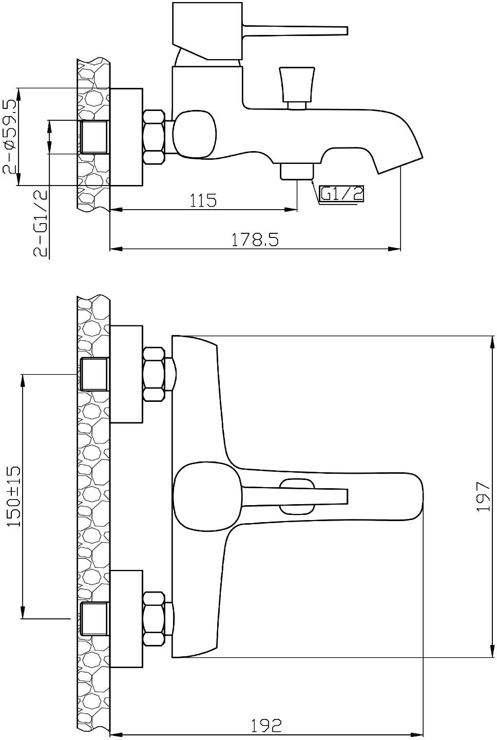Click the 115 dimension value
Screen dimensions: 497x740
[x=203, y=200]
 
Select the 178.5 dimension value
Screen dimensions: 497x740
[x=255, y=239]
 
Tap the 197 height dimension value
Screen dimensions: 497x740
[x=484, y=496]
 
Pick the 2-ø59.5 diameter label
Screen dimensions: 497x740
[x=10, y=137]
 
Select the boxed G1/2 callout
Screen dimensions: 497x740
[x=341, y=194]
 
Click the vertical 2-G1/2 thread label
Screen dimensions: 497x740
[x=41, y=224]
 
